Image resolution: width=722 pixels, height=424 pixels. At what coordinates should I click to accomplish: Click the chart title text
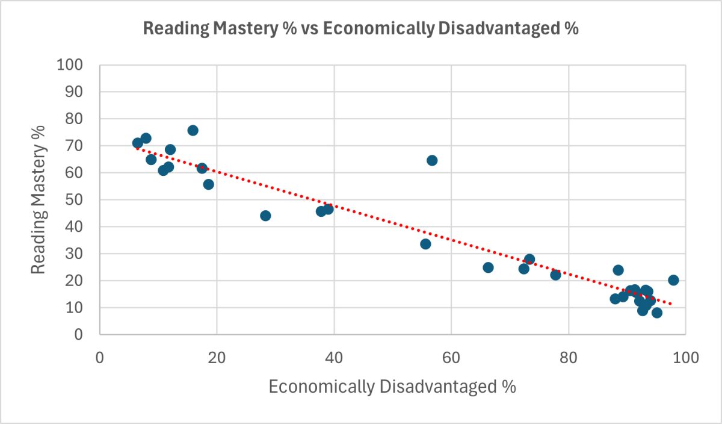click(x=360, y=28)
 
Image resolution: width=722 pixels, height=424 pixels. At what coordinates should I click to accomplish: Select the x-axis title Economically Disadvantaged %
click(x=392, y=387)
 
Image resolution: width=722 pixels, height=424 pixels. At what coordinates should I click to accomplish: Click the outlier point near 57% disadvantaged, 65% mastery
click(x=432, y=160)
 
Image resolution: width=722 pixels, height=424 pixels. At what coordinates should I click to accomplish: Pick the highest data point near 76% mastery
click(x=193, y=130)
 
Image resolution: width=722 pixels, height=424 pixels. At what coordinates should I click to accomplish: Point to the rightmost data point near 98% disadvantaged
click(x=673, y=280)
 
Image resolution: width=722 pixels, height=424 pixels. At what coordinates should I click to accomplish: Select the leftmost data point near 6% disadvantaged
click(x=138, y=143)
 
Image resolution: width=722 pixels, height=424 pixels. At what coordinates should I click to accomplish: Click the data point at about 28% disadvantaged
click(x=265, y=216)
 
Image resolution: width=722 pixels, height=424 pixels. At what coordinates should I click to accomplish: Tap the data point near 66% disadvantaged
click(x=488, y=267)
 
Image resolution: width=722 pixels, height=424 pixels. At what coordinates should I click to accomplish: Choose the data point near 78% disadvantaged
click(x=555, y=275)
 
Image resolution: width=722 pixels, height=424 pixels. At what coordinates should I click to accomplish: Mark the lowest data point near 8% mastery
click(x=657, y=313)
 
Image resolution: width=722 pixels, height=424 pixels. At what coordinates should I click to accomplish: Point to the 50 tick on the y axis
click(x=77, y=200)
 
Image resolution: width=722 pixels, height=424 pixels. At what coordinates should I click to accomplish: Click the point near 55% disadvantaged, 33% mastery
click(x=425, y=244)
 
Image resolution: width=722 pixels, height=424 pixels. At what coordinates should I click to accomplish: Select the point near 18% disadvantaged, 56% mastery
click(x=208, y=184)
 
